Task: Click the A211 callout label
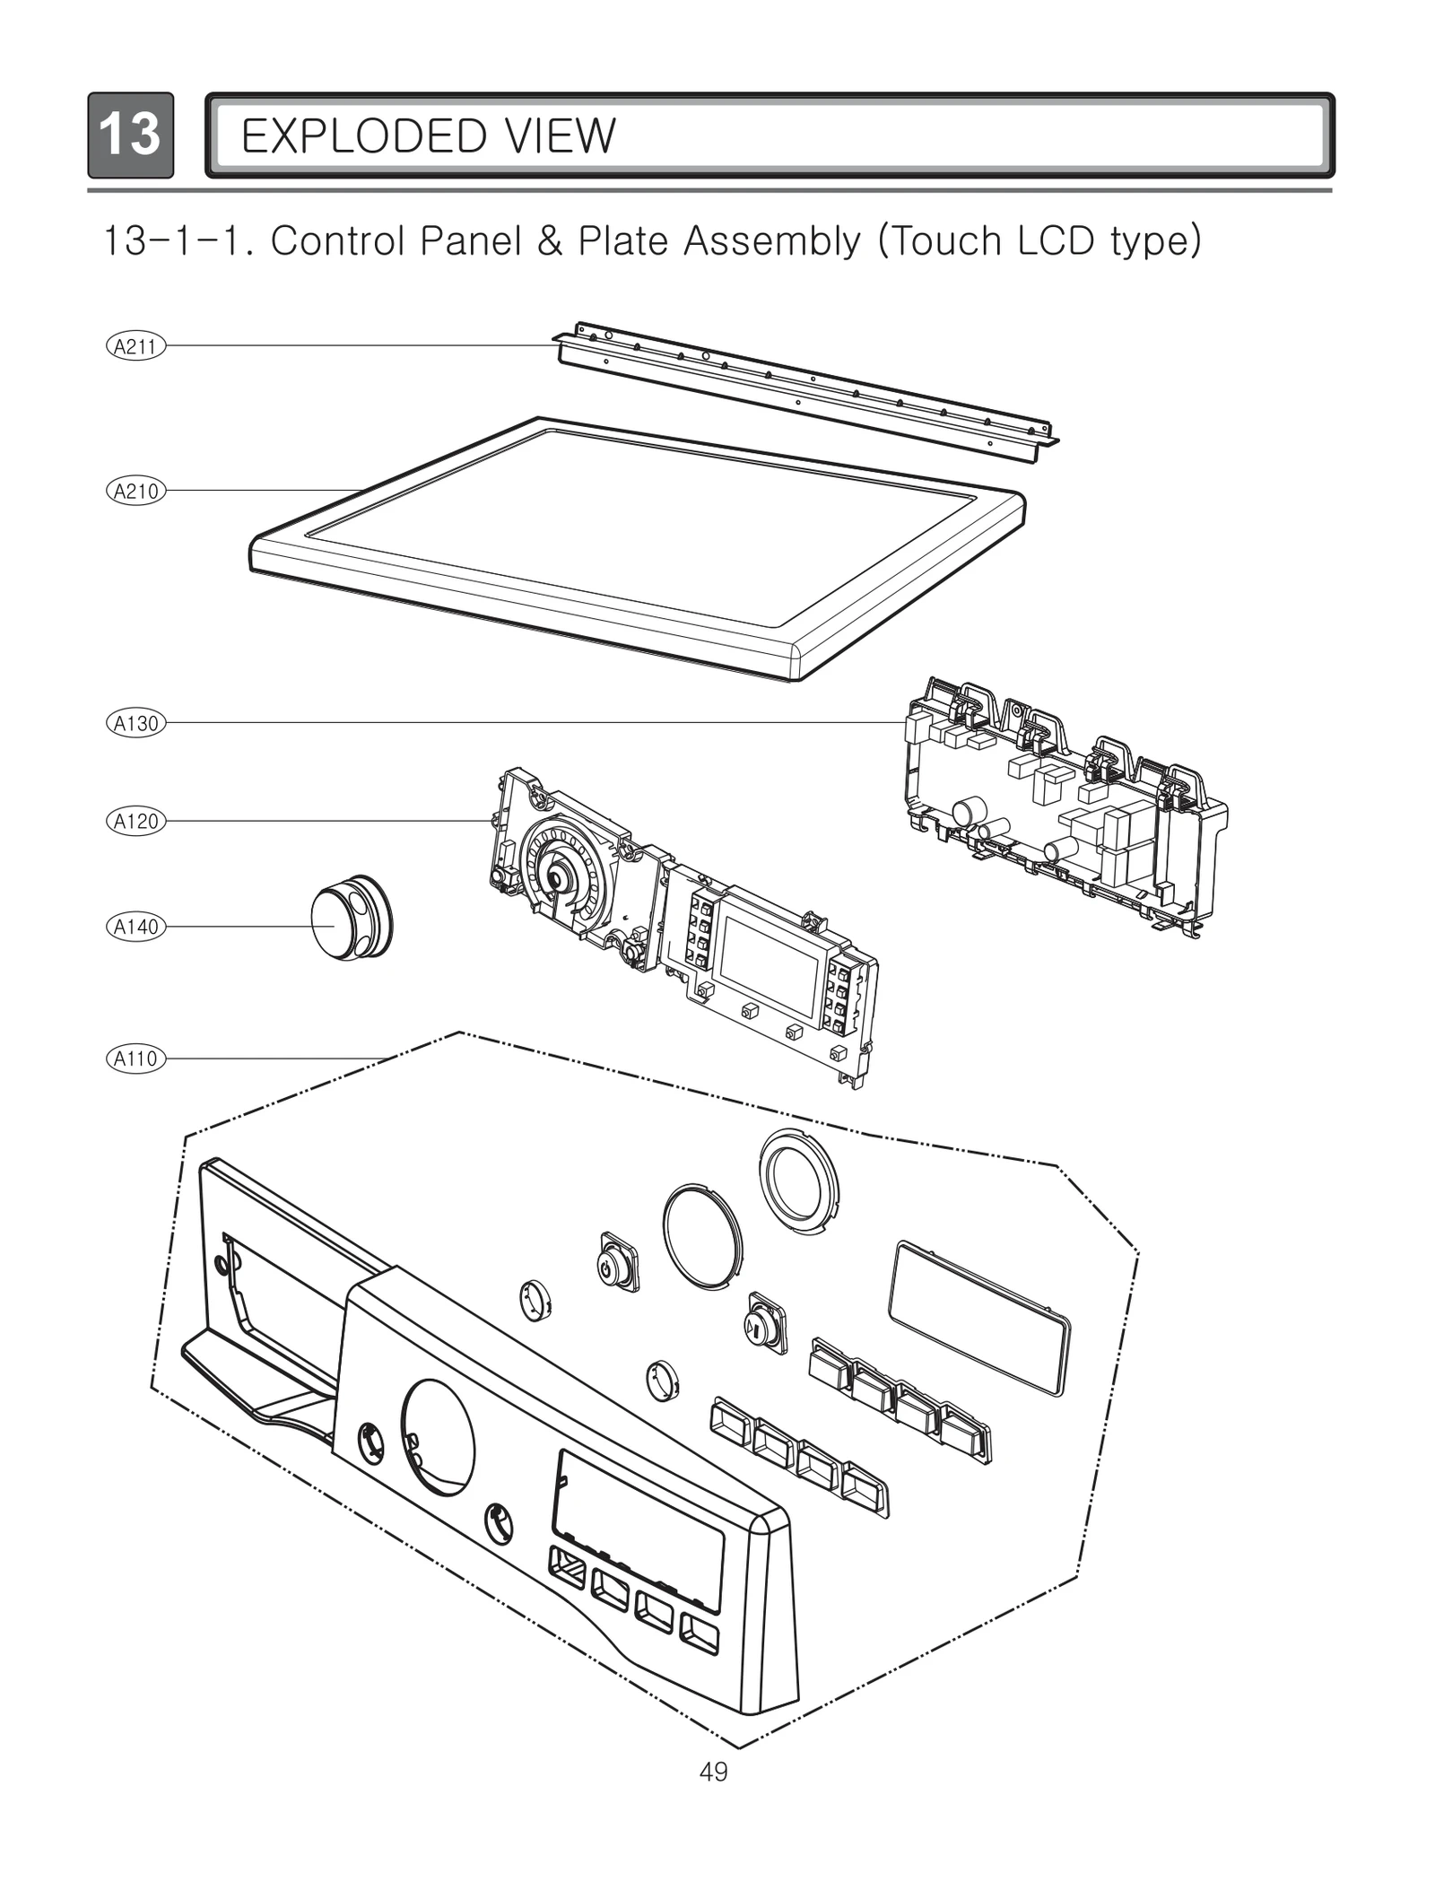tap(135, 346)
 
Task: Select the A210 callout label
tap(135, 491)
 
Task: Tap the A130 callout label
tap(135, 723)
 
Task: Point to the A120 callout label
tap(135, 821)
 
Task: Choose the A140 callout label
tap(135, 927)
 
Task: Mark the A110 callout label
tap(135, 1059)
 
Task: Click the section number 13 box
tap(130, 135)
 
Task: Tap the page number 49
tap(714, 1772)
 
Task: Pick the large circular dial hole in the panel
tap(438, 1439)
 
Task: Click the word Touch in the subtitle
tap(941, 240)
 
